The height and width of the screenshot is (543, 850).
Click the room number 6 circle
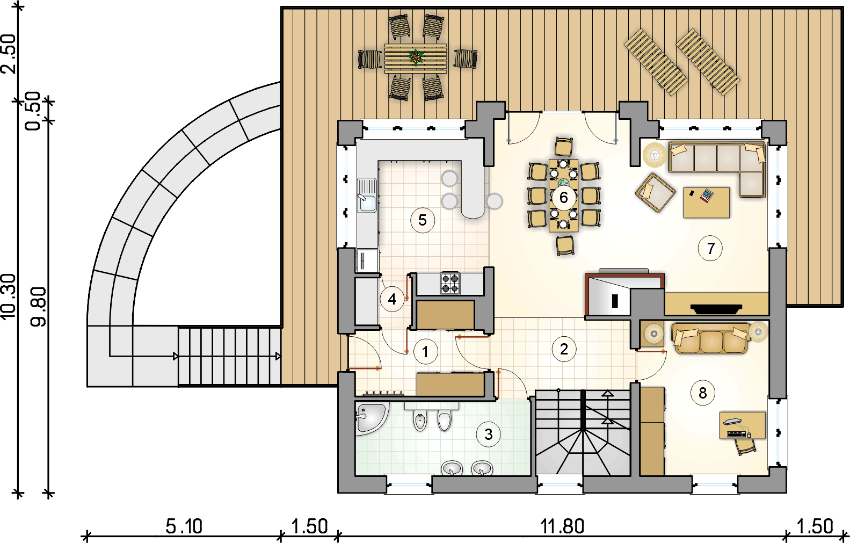[x=563, y=197]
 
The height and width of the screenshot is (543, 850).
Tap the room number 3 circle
[x=489, y=434]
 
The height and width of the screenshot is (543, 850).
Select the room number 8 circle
[x=702, y=393]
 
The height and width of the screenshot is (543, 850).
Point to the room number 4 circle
[x=392, y=299]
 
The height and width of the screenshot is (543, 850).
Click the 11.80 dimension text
[x=562, y=527]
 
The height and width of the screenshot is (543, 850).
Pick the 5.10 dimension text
[x=184, y=527]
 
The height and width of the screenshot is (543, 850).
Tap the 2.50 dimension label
[x=9, y=54]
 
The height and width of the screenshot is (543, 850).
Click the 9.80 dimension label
[x=38, y=307]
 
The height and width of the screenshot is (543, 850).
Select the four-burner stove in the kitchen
[x=450, y=283]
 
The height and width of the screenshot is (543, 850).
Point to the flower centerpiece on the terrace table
[x=416, y=57]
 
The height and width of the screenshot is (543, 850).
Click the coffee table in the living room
[x=706, y=202]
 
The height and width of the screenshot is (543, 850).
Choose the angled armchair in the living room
[x=655, y=192]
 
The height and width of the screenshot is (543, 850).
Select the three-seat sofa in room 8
[x=710, y=338]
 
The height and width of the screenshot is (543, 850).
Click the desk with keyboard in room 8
[x=743, y=425]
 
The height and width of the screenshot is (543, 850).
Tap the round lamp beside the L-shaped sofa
[x=655, y=155]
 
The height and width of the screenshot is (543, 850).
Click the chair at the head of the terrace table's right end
[x=465, y=59]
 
